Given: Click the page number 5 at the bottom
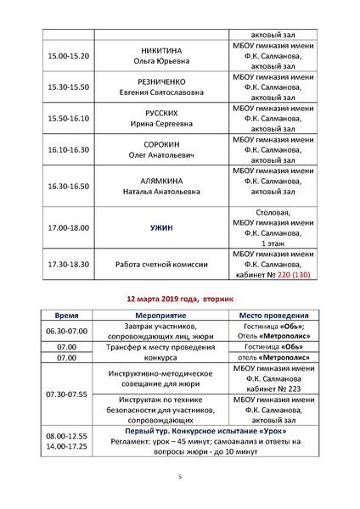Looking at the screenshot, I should point(180,478).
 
